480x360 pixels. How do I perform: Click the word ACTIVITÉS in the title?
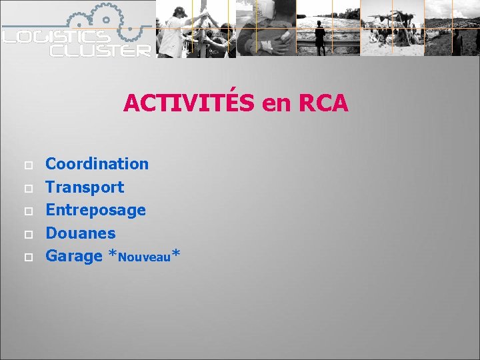pos(189,103)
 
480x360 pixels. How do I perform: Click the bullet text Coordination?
pos(97,163)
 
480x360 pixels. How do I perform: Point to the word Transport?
pos(85,187)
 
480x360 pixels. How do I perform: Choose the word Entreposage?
pos(95,210)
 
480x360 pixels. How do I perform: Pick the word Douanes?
pos(80,233)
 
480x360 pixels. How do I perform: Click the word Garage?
pos(73,257)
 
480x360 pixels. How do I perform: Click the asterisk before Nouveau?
pos(113,255)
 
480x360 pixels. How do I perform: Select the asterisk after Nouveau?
pos(176,253)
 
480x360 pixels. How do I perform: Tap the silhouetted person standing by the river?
pos(321,37)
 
